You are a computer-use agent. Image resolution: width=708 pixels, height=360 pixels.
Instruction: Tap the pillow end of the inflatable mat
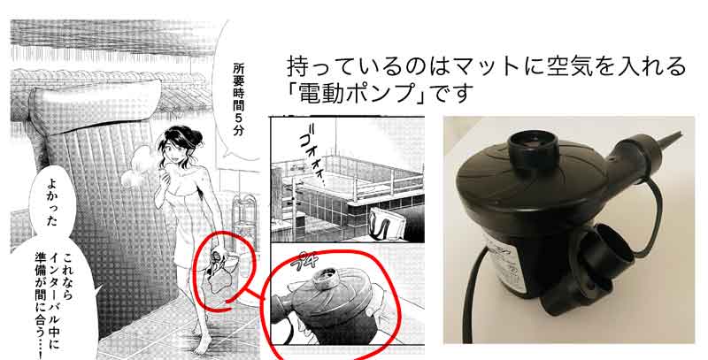tap(95, 106)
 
